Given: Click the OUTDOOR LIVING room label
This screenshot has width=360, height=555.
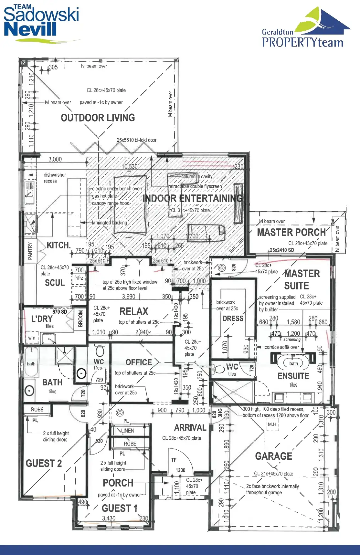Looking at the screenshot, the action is [x=98, y=118].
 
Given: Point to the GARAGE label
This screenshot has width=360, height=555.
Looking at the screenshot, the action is [x=273, y=456].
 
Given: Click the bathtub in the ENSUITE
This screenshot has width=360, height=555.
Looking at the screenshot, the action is [x=293, y=363].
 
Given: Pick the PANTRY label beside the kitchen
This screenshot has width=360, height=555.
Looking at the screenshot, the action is [x=30, y=251].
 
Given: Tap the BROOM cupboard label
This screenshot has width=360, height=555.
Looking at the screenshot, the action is [x=80, y=318].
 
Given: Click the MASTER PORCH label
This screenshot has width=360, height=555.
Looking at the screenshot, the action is [x=291, y=232].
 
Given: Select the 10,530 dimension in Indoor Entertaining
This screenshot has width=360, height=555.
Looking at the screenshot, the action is [x=130, y=166].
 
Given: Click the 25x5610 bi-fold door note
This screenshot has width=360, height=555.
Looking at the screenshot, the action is [x=136, y=140].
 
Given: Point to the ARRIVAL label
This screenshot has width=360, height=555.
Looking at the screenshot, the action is [x=190, y=428].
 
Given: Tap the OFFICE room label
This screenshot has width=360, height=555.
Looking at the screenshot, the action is [x=139, y=362].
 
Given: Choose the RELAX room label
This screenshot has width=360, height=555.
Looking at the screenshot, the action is [x=134, y=311].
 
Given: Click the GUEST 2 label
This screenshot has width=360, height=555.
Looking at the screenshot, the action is [x=44, y=463].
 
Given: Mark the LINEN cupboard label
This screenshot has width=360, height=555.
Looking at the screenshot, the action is [x=127, y=431].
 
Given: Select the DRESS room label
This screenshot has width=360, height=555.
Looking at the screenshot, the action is [x=233, y=319].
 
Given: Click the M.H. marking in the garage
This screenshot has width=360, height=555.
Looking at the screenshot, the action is [x=272, y=424].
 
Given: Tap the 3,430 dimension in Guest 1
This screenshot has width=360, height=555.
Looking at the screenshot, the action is [x=109, y=518].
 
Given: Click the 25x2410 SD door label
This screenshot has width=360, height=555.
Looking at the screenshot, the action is [x=282, y=250].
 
